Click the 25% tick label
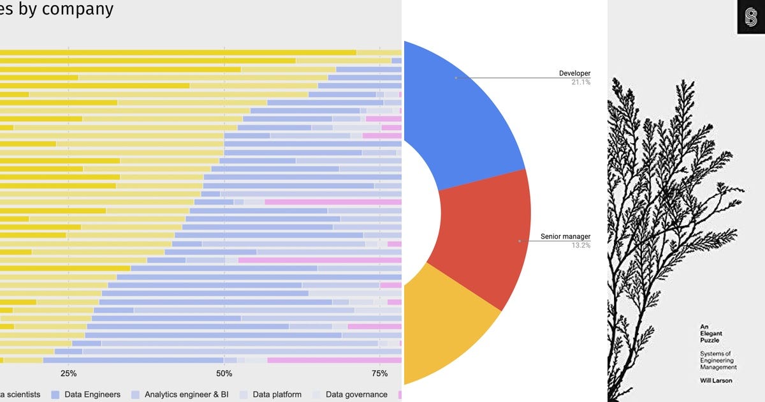pos(68,373)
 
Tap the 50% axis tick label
pos(224,373)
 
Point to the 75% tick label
pos(379,373)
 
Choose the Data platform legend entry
pos(277,394)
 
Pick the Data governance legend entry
pos(356,394)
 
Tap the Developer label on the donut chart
pos(574,73)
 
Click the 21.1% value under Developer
pos(581,82)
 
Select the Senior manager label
pos(565,237)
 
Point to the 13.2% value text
pos(581,245)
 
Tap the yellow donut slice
pos(446,325)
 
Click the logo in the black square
pos(751,17)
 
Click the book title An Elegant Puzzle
pos(711,333)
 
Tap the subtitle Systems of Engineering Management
pos(718,361)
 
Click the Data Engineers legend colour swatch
pos(55,394)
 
